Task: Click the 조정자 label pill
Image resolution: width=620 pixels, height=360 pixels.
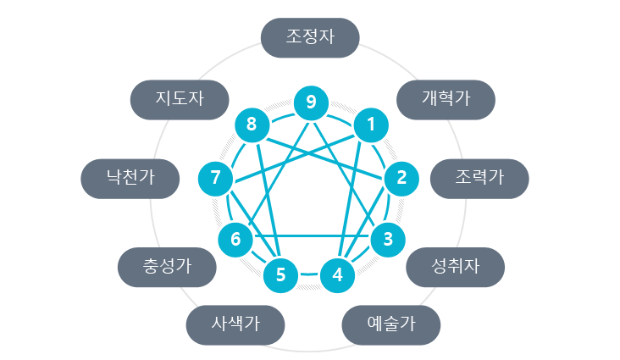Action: coord(310,37)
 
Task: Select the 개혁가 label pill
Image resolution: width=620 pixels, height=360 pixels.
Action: coord(446,100)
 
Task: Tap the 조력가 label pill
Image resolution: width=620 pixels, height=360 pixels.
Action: coord(479,179)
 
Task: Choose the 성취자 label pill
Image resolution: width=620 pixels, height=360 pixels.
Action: coord(455,267)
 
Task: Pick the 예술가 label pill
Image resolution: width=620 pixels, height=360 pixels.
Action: coord(391,324)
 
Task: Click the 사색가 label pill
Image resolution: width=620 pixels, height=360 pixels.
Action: coord(235,324)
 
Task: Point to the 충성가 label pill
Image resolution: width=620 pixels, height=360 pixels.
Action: coord(167,267)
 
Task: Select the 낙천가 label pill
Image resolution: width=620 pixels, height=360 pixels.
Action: coord(130,179)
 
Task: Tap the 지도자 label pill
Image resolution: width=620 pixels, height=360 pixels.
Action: coord(180,100)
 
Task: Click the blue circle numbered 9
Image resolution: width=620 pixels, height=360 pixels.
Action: coord(311,102)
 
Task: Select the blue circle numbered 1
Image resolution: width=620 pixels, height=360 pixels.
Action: coord(371,125)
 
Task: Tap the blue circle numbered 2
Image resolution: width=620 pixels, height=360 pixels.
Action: coord(401,179)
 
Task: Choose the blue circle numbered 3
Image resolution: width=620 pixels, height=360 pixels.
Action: coord(388,240)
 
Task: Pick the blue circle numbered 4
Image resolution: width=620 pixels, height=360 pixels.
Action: coord(337,275)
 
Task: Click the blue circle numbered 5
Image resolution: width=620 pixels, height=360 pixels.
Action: coord(280,275)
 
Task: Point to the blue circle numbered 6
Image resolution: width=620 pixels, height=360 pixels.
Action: coord(235,240)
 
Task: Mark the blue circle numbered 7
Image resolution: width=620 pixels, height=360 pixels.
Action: coord(215,179)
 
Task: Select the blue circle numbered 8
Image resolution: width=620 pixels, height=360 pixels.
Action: coord(252,125)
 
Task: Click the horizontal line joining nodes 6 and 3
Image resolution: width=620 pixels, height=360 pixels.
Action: coord(313,236)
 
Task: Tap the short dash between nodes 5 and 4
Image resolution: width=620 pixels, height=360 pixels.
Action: coord(309,274)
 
